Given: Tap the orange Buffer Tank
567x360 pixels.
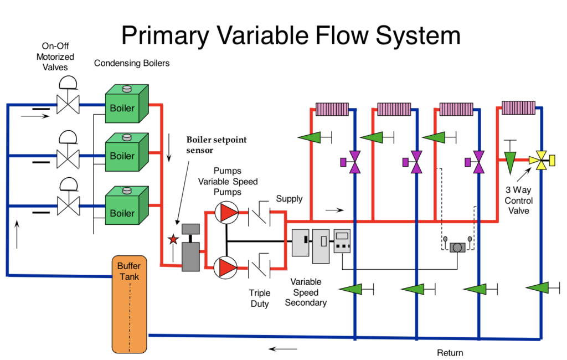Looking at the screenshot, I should pos(130,304).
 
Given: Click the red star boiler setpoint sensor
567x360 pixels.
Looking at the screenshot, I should pos(173,239).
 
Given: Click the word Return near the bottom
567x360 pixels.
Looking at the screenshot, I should pos(450,353).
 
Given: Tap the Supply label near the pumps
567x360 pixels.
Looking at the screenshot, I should pos(289,199).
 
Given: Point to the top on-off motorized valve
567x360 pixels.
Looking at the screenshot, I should pos(69,103).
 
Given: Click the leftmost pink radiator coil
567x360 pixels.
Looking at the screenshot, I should pos(332,108).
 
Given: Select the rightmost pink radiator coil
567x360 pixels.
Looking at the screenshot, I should pos(518,107).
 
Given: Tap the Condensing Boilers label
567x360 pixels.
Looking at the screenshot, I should pos(132,63).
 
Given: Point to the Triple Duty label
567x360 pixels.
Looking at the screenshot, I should pos(259,299).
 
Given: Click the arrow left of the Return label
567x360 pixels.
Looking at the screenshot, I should pos(282,349).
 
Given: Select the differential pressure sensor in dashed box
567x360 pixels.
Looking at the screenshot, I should pos(458,247).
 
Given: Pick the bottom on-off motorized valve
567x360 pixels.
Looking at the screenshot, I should pos(69,208).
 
